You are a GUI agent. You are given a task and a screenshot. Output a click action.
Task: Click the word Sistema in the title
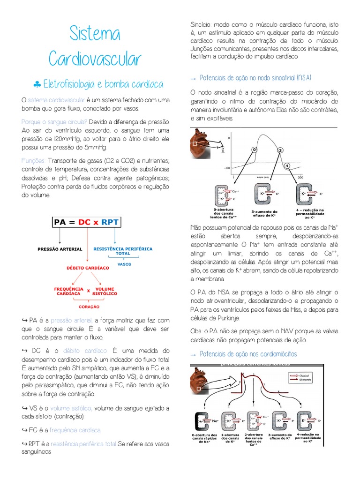click(95, 34)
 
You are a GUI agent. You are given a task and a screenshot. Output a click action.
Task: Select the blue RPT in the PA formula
click(111, 222)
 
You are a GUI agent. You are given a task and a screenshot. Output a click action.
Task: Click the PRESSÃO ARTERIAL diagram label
click(60, 249)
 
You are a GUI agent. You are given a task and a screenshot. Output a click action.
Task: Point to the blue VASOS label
click(124, 264)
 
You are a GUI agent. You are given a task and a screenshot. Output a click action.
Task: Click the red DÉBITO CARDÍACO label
click(87, 268)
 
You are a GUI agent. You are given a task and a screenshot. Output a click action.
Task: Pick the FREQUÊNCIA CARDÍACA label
click(69, 291)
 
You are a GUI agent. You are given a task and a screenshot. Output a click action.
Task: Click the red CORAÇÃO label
click(89, 307)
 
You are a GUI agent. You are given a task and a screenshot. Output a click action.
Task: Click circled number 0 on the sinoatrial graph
click(255, 149)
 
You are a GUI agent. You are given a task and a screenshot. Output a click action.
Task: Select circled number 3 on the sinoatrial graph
click(280, 150)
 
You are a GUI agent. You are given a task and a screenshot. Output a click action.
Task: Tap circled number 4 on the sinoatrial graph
click(287, 165)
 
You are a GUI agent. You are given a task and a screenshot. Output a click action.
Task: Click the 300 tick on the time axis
click(300, 177)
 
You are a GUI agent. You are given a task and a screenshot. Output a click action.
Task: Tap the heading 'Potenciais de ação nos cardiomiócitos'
click(248, 354)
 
